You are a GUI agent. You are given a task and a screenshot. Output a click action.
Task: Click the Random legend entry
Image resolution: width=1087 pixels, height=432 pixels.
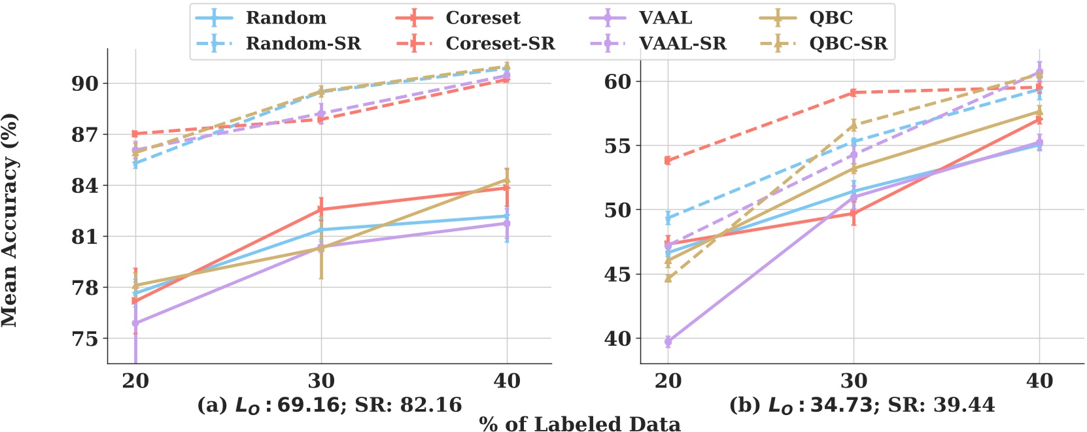pos(286,18)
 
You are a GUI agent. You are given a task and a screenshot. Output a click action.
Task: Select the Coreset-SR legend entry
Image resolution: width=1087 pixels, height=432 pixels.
pos(500,43)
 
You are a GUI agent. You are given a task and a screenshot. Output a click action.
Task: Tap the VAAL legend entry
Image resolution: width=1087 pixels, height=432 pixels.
pos(665,18)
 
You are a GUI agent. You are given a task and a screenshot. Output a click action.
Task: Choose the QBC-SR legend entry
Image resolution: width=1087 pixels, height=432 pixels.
pos(848,43)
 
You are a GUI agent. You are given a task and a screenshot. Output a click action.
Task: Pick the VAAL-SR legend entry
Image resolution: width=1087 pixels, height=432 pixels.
pos(682,43)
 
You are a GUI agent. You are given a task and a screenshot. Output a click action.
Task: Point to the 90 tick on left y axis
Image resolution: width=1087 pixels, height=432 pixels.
pos(86,84)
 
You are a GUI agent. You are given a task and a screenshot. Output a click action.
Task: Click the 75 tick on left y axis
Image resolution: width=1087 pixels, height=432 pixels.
pos(86,339)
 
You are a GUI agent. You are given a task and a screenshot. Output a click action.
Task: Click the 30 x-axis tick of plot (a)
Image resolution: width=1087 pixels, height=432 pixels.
pos(321,380)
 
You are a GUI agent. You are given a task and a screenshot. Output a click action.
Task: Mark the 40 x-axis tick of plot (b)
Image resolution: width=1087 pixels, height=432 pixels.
pos(1039,380)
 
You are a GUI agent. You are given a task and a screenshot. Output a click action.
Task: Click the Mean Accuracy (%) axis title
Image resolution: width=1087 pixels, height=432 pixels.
pos(9,220)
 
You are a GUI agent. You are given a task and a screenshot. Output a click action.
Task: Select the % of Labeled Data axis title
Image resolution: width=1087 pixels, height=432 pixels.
pos(579,424)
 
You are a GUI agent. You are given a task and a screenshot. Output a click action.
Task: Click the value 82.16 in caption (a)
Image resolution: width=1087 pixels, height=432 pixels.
pos(434,405)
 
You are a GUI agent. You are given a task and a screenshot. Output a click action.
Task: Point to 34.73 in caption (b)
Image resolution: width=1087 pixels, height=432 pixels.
pos(840,405)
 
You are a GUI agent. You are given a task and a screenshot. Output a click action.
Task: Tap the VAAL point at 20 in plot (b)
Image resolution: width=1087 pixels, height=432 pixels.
pos(668,341)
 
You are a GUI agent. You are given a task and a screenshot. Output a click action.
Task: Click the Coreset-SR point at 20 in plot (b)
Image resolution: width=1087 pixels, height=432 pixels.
pos(668,160)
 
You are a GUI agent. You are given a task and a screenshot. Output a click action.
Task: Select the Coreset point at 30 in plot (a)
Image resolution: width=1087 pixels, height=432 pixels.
pos(321,209)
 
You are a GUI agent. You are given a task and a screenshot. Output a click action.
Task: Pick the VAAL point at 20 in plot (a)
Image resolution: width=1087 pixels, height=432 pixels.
pos(135,323)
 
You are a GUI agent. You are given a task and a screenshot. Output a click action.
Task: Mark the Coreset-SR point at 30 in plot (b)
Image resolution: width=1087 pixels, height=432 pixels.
pos(854,93)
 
